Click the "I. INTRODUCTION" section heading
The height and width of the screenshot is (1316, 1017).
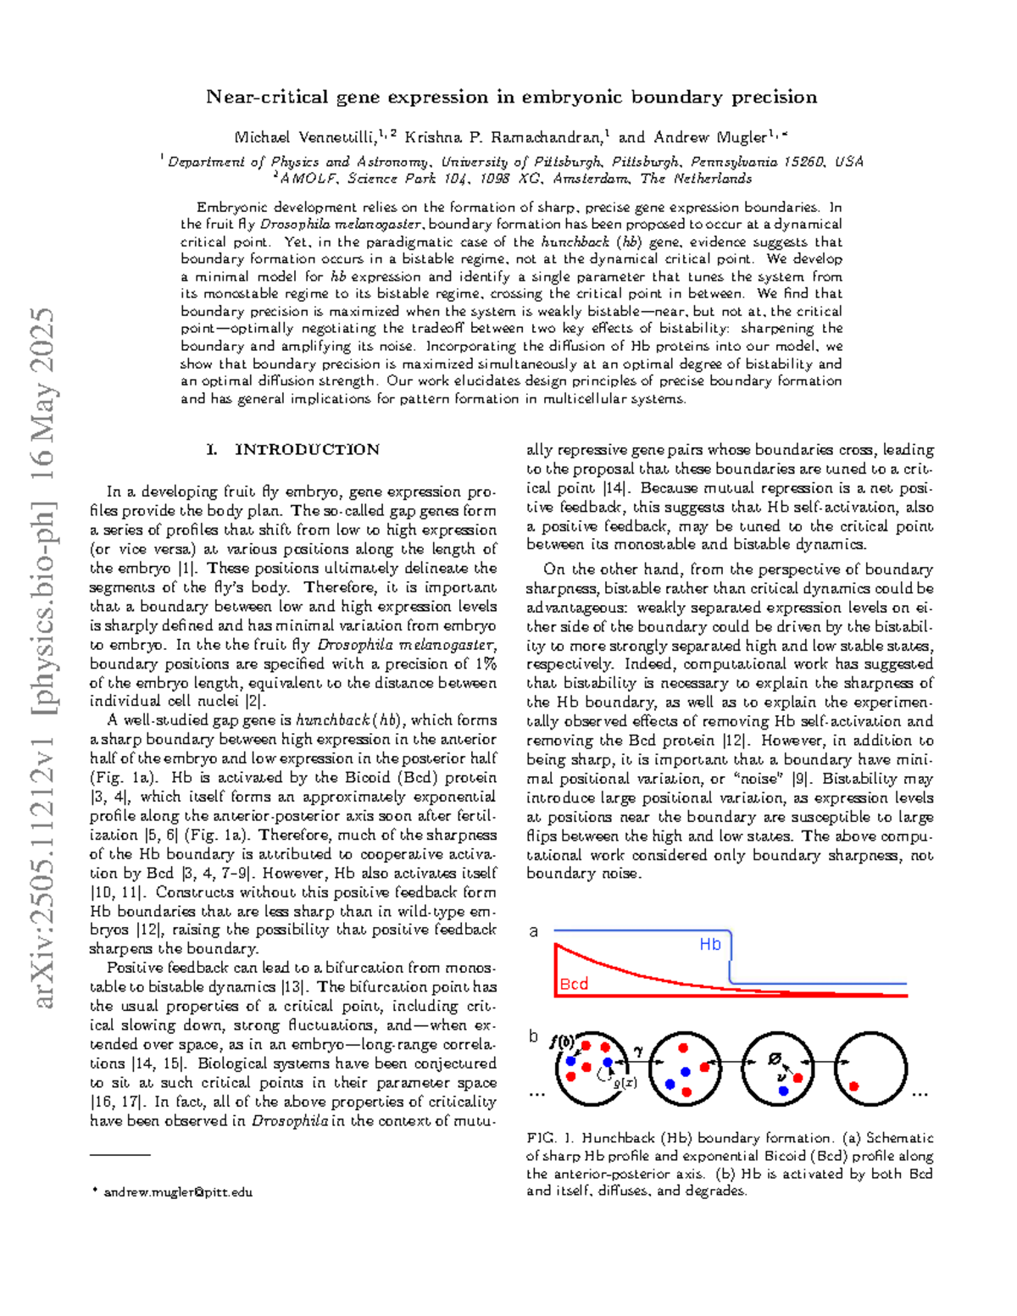click(293, 450)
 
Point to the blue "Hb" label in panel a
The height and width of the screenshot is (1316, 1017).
click(709, 944)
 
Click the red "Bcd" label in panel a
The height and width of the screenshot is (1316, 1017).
click(574, 984)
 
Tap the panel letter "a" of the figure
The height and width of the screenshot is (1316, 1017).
click(533, 931)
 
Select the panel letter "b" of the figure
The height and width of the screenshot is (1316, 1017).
click(533, 1036)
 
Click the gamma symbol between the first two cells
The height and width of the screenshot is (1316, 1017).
click(638, 1051)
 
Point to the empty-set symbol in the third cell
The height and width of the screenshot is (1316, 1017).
click(774, 1059)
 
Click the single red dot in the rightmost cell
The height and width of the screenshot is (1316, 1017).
click(853, 1086)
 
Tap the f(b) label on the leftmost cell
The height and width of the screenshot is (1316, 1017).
click(561, 1042)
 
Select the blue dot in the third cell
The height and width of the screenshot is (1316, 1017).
click(783, 1091)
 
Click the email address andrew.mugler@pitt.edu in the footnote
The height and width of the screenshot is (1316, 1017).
click(178, 1192)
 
